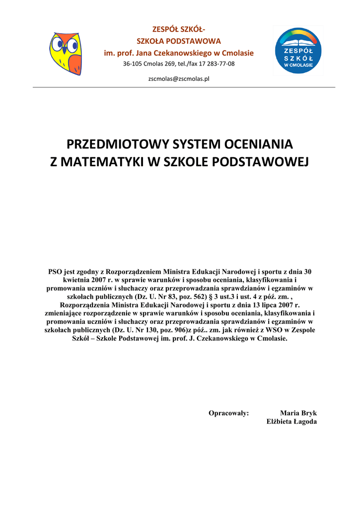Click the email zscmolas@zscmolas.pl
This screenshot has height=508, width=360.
tap(179, 78)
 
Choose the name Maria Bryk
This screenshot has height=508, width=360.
tap(298, 413)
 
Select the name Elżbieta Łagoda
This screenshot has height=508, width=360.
tap(291, 422)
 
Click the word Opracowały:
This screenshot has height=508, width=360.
tap(228, 413)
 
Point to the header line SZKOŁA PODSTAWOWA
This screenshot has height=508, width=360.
tap(179, 41)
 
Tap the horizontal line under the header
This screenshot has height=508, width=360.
tap(184, 87)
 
